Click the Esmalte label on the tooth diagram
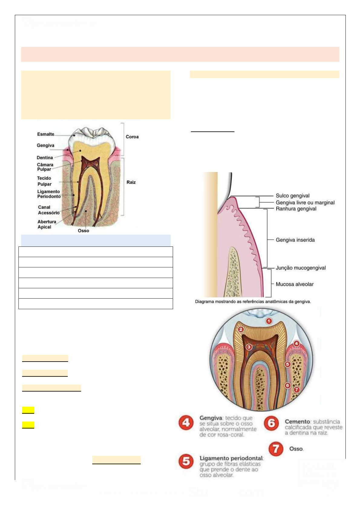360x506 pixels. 46,134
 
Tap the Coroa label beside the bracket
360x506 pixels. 132,137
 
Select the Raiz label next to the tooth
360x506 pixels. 131,182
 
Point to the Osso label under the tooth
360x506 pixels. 83,231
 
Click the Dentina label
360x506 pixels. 45,158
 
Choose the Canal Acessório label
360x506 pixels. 48,210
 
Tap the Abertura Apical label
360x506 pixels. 47,224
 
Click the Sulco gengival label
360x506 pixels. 293,196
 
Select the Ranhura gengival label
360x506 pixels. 296,209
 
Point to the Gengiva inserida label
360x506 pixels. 295,240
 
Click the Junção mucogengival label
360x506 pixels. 300,268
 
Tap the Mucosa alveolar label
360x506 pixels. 294,284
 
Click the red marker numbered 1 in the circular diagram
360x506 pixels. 269,321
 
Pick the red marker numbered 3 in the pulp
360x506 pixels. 249,347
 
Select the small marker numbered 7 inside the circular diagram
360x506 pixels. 296,390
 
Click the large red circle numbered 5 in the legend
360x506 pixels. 186,461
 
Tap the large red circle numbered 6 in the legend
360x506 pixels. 271,423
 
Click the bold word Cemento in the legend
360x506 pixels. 297,422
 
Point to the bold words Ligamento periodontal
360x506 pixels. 231,458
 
